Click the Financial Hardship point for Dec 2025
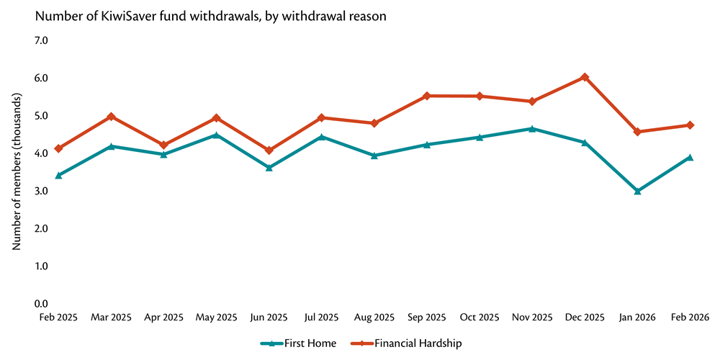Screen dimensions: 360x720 pos(585,77)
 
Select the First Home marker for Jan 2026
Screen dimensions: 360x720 pos(637,191)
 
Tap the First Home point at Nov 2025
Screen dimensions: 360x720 pos(532,129)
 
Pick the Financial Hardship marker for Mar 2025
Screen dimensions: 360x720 pos(112,117)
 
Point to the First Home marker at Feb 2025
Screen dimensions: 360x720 pos(58,175)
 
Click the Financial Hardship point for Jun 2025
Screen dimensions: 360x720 pos(269,150)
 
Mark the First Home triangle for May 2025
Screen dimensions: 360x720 pos(217,135)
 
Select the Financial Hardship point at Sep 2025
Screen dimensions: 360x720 pos(427,96)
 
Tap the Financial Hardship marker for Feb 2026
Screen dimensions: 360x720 pos(690,125)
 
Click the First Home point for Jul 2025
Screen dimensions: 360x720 pos(322,136)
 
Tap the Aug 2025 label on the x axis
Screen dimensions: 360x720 pos(374,318)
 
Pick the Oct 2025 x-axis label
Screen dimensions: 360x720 pos(480,318)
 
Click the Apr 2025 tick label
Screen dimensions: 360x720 pos(164,318)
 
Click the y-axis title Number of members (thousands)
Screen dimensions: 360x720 pos(16,171)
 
